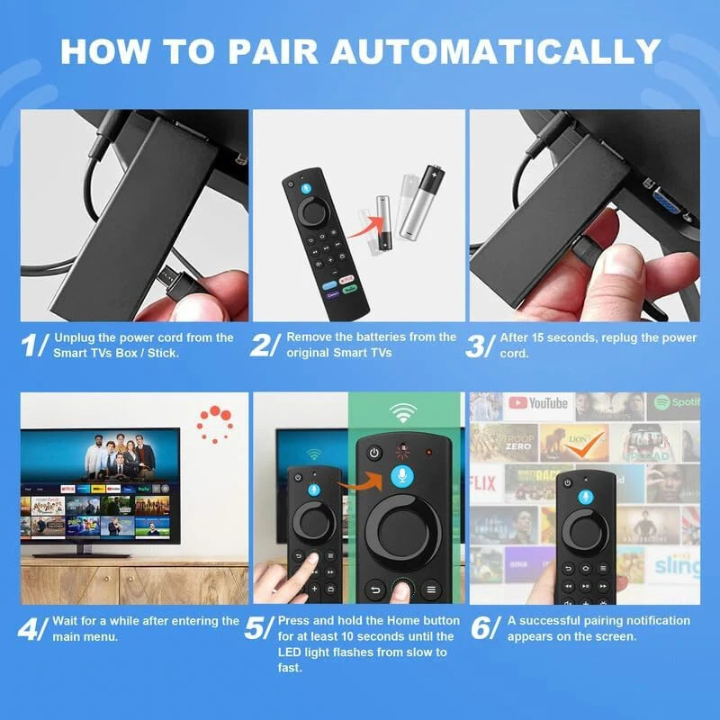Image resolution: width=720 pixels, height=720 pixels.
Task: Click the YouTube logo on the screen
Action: coord(537,403)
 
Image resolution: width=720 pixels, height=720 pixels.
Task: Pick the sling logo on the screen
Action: coord(677,566)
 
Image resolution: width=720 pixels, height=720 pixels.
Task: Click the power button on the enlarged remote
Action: coord(374,454)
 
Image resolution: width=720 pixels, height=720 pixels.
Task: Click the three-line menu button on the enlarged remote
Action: coord(431,590)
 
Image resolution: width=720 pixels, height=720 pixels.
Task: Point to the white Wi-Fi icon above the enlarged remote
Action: coord(402,413)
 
